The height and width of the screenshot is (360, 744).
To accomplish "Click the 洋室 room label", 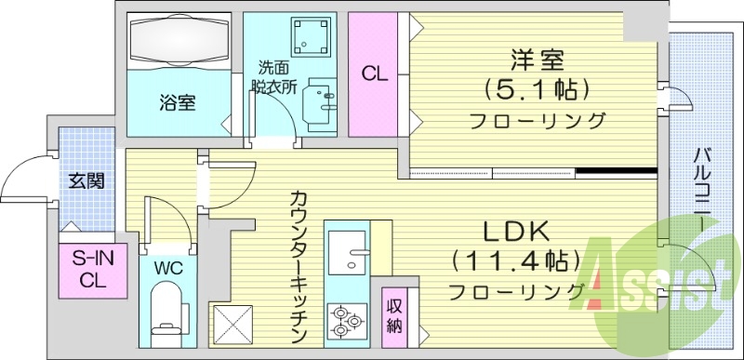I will pyautogui.click(x=538, y=60).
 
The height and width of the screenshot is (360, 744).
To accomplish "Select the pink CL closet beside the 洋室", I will pyautogui.click(x=374, y=73).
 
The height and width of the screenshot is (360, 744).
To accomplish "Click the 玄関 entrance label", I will pyautogui.click(x=86, y=181).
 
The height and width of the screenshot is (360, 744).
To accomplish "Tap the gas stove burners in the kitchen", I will pyautogui.click(x=346, y=319).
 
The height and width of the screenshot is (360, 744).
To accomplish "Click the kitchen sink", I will pyautogui.click(x=347, y=248).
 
